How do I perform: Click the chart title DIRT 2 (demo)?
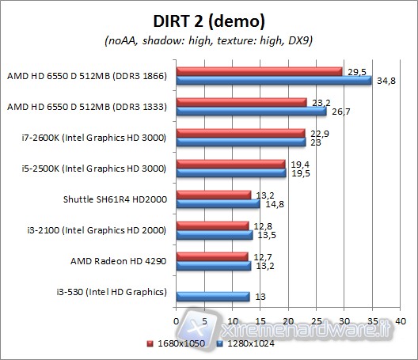(208, 20)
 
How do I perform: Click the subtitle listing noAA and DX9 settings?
(208, 40)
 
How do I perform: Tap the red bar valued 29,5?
(259, 71)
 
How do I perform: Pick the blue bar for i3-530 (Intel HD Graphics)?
(212, 297)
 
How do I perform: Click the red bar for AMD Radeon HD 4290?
(211, 256)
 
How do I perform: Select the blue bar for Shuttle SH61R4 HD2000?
(217, 204)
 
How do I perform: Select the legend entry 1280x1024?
(245, 344)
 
